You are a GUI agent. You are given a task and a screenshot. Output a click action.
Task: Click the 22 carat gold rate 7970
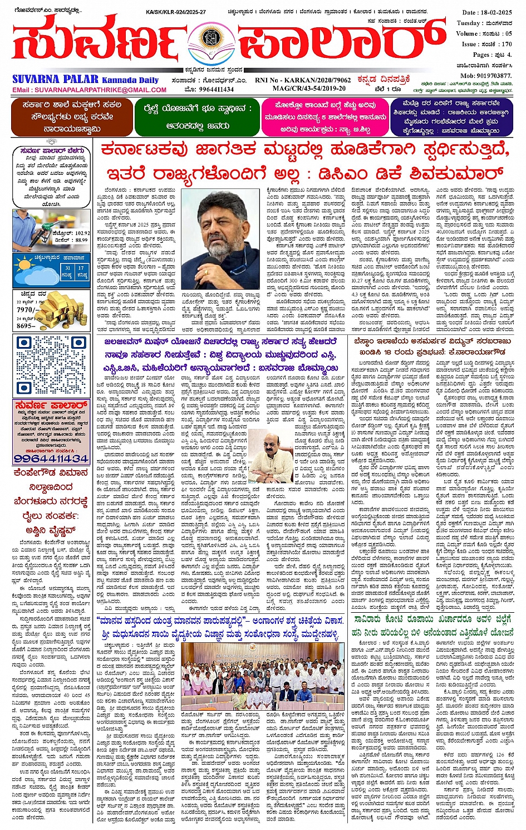26,310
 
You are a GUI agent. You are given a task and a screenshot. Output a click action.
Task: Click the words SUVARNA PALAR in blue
56,80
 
